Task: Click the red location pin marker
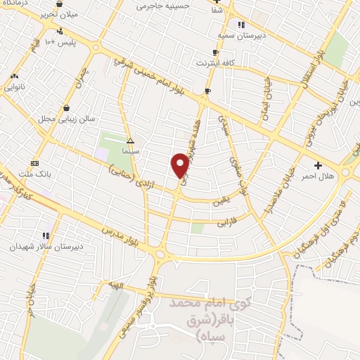coord(180,166)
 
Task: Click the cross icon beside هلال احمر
coord(319,166)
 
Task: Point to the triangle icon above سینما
coord(130,141)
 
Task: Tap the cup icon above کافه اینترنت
coord(215,52)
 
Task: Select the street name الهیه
coord(116,285)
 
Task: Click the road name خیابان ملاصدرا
coord(267,191)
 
